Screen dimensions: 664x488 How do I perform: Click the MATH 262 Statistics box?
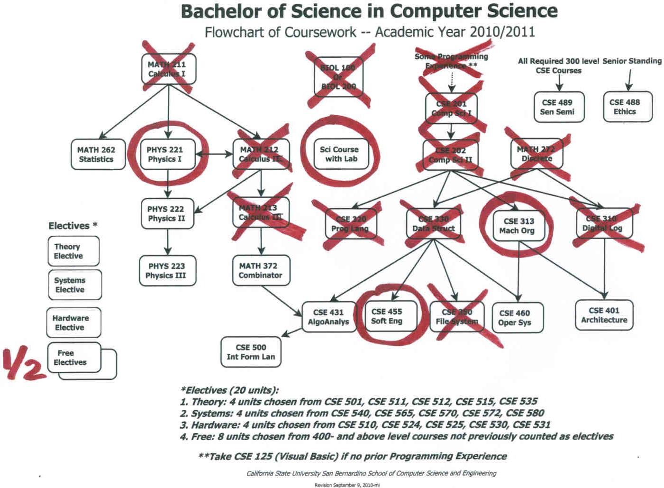click(x=96, y=155)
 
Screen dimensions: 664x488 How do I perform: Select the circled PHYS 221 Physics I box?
click(x=165, y=154)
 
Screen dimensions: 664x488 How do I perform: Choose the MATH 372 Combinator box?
click(x=261, y=270)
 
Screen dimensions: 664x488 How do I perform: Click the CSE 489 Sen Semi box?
click(x=557, y=107)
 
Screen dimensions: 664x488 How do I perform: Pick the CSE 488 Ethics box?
click(x=625, y=107)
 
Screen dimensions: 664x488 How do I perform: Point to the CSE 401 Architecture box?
click(x=604, y=315)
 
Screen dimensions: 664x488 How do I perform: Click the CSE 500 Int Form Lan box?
click(x=251, y=352)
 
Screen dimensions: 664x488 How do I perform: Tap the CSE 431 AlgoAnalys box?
click(x=328, y=317)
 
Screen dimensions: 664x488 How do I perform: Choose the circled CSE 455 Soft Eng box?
click(x=387, y=316)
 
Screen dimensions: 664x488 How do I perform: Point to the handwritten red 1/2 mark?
click(x=24, y=364)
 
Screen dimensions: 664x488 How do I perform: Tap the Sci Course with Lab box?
click(x=339, y=154)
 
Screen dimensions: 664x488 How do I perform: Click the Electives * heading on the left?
click(x=73, y=226)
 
